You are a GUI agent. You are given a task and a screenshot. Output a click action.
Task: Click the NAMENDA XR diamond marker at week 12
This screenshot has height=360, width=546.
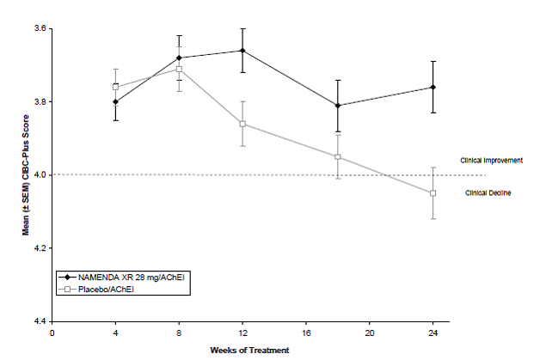click(x=242, y=51)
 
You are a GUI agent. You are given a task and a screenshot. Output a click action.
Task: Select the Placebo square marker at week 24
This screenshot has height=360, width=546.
click(x=433, y=193)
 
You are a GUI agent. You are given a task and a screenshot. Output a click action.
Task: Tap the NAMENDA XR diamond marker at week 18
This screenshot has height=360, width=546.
click(x=337, y=106)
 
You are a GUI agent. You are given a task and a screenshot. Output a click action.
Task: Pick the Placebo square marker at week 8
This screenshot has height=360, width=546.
click(x=179, y=70)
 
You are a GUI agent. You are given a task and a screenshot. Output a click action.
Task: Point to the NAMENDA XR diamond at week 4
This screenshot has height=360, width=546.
click(x=115, y=102)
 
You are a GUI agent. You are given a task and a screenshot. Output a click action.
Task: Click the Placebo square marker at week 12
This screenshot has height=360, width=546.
click(x=242, y=125)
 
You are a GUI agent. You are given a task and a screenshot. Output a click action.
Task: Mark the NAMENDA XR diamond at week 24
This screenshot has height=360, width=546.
click(x=433, y=87)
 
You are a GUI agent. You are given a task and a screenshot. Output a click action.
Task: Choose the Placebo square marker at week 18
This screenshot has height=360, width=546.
click(x=337, y=157)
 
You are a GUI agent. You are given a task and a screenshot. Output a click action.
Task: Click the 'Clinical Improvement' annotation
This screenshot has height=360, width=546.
click(x=491, y=161)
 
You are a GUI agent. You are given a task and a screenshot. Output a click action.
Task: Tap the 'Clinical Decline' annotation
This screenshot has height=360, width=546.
click(x=488, y=193)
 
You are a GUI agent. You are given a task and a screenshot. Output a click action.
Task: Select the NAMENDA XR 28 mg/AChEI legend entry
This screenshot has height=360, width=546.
click(x=121, y=278)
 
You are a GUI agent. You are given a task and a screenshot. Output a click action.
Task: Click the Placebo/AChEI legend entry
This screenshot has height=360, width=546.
click(x=96, y=289)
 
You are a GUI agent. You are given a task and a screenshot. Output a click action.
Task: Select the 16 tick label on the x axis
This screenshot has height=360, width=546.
click(x=306, y=333)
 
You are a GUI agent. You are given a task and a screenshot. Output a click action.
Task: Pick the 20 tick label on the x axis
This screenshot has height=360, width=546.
click(x=370, y=333)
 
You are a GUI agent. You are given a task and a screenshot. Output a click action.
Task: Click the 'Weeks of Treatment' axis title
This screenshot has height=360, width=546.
click(x=249, y=351)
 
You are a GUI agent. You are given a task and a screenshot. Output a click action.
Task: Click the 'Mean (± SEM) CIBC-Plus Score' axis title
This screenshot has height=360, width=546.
click(x=26, y=175)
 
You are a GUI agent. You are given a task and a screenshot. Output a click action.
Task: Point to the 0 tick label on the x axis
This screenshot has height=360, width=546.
click(x=52, y=333)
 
